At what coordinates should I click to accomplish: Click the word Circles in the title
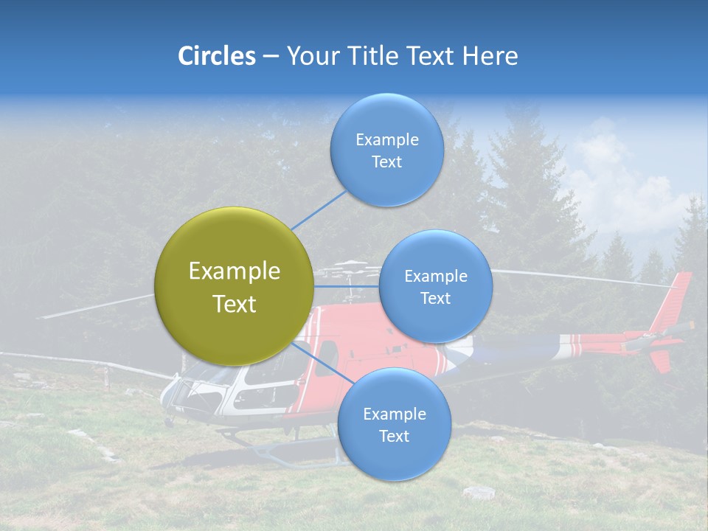point(217,56)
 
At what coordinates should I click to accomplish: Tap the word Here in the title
point(490,56)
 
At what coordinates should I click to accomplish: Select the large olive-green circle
point(234,286)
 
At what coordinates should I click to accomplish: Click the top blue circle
point(386,150)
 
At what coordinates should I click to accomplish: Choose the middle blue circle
point(435,286)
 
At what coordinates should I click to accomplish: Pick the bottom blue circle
point(394,424)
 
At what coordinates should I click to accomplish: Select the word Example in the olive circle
point(234,271)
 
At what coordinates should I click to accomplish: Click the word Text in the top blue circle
point(386,162)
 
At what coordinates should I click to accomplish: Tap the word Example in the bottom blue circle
point(394,414)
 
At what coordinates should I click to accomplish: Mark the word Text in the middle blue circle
point(435,298)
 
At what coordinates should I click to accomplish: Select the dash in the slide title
point(270,56)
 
